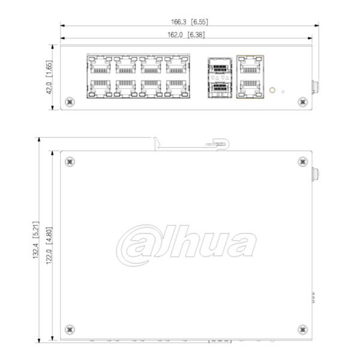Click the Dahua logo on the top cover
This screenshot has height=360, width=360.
[x=186, y=244]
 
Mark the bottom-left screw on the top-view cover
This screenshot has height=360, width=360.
[x=70, y=329]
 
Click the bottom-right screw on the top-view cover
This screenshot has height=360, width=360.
[x=302, y=329]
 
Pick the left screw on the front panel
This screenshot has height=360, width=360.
[x=70, y=102]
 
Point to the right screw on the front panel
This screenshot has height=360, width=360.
[x=302, y=102]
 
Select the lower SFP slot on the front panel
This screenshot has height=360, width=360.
[x=220, y=88]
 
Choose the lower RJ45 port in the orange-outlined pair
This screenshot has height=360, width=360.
[x=249, y=88]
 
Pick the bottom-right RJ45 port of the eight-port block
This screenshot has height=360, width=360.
[x=176, y=88]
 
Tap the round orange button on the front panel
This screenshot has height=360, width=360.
[x=272, y=91]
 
